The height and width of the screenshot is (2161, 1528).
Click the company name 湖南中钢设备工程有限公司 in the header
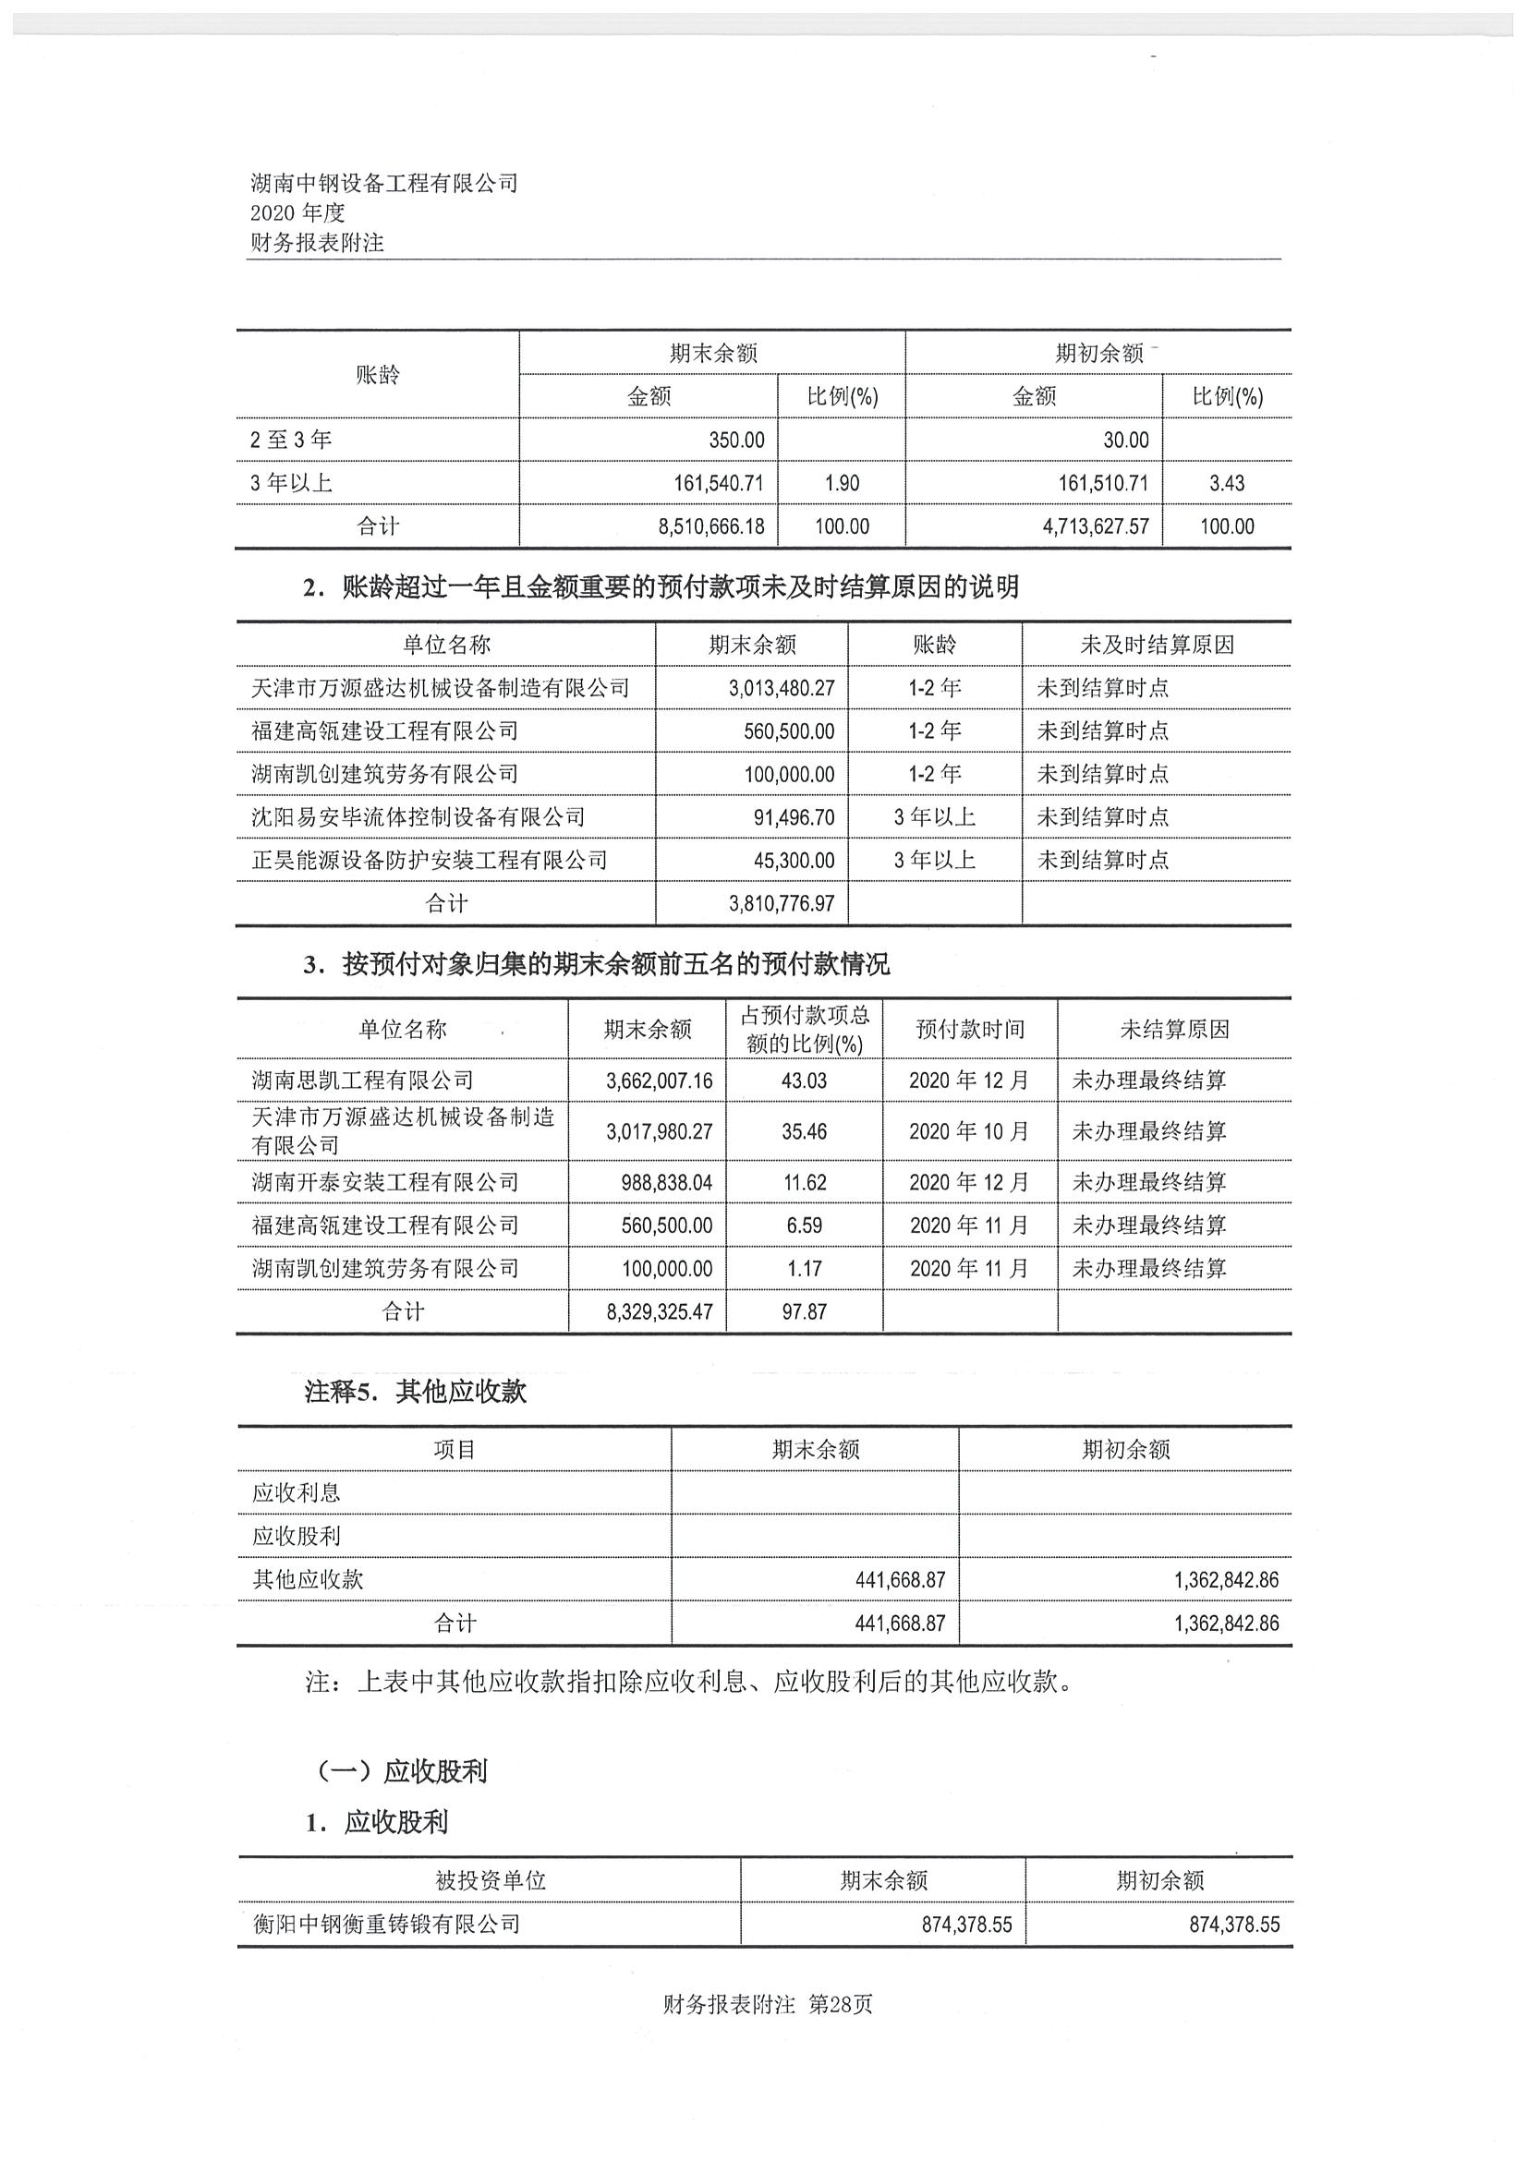(384, 184)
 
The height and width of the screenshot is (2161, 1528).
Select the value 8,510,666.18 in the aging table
(710, 527)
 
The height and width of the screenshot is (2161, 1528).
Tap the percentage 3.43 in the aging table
(1226, 484)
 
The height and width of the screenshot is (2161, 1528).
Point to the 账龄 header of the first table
(378, 375)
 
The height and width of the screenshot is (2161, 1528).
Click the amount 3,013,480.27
(781, 688)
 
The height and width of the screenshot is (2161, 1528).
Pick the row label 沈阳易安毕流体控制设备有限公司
(418, 817)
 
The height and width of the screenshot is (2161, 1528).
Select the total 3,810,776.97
(781, 903)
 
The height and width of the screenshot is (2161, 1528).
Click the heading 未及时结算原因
(1156, 645)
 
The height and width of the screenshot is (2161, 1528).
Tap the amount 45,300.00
(793, 861)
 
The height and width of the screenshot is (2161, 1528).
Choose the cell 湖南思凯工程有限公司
(361, 1080)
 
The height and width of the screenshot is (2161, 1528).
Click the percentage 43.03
(804, 1080)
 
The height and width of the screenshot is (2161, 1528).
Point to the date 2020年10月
(969, 1131)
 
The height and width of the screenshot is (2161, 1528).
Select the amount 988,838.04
(666, 1182)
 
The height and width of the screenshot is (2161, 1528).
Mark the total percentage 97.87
(804, 1311)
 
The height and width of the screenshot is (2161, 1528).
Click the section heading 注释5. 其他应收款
(415, 1392)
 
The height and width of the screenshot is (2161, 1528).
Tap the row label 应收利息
(296, 1492)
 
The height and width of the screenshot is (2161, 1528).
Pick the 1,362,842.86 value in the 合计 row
(1226, 1624)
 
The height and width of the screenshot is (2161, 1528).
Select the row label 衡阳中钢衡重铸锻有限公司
(386, 1924)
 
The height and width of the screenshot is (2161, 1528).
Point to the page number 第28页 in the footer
(841, 2005)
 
